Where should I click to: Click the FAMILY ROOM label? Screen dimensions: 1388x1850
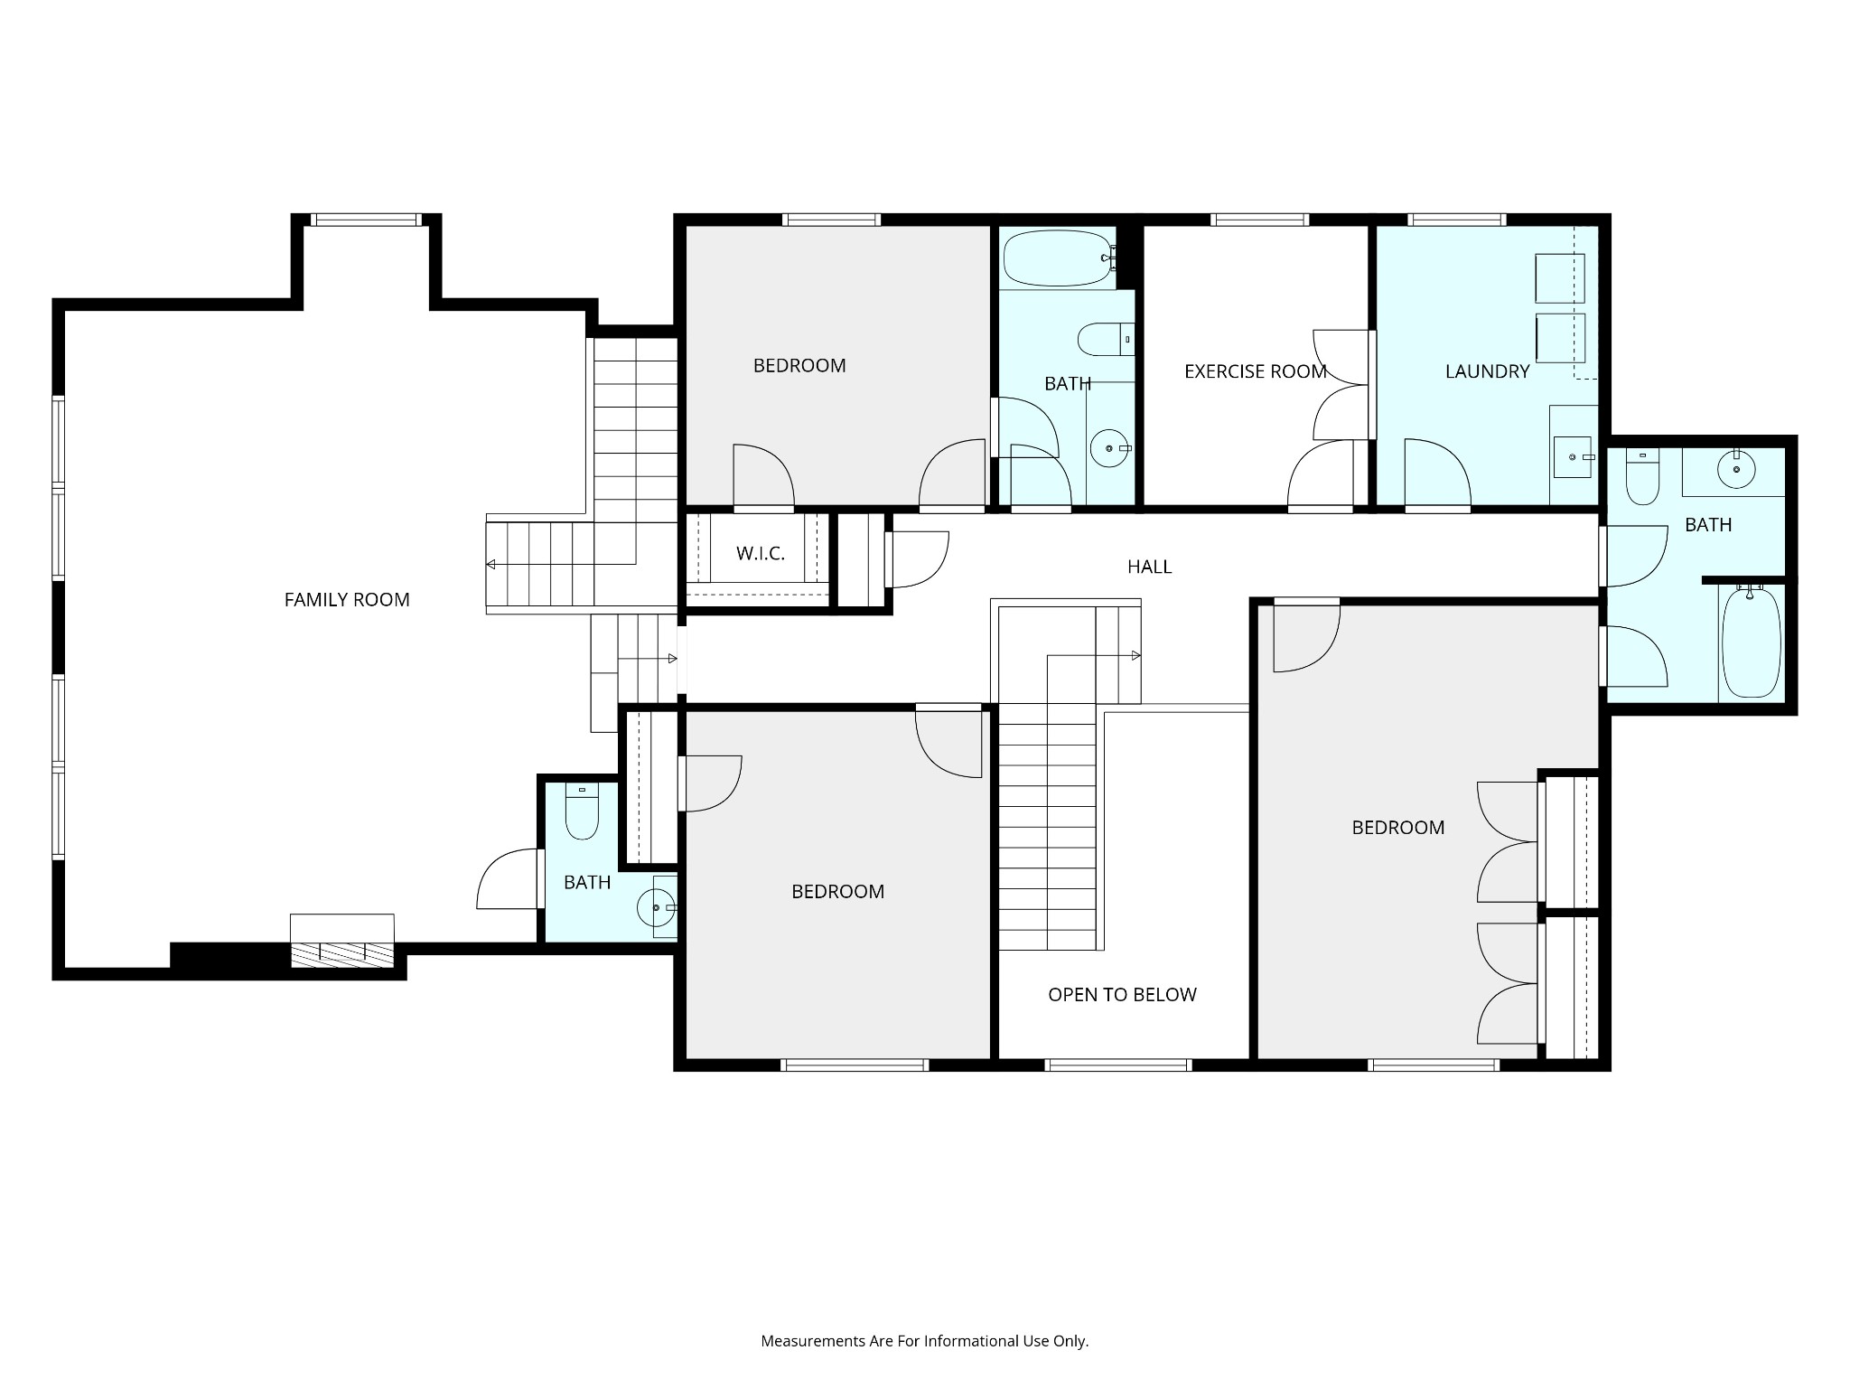(x=347, y=600)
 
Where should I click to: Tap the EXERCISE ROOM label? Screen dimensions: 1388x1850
(x=1255, y=371)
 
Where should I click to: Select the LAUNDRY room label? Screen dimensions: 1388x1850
(x=1487, y=371)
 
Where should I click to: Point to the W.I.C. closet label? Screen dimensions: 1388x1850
(x=761, y=554)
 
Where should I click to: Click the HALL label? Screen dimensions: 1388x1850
(x=1149, y=567)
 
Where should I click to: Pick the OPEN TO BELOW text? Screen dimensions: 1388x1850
(x=1122, y=995)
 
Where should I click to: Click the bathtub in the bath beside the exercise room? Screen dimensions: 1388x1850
(x=1055, y=258)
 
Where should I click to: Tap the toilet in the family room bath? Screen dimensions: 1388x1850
(x=582, y=812)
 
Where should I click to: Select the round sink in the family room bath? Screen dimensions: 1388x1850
(x=655, y=907)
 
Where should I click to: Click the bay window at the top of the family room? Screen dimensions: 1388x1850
(x=366, y=220)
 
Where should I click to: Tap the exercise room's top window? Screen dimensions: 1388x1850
(x=1259, y=220)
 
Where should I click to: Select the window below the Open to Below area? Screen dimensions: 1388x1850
(x=1118, y=1065)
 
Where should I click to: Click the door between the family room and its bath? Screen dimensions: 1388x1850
(x=507, y=879)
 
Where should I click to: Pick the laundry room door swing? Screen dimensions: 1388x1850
(x=1436, y=473)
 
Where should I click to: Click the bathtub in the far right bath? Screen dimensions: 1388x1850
(x=1751, y=642)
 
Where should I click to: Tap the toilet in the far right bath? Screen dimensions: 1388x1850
(x=1642, y=478)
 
